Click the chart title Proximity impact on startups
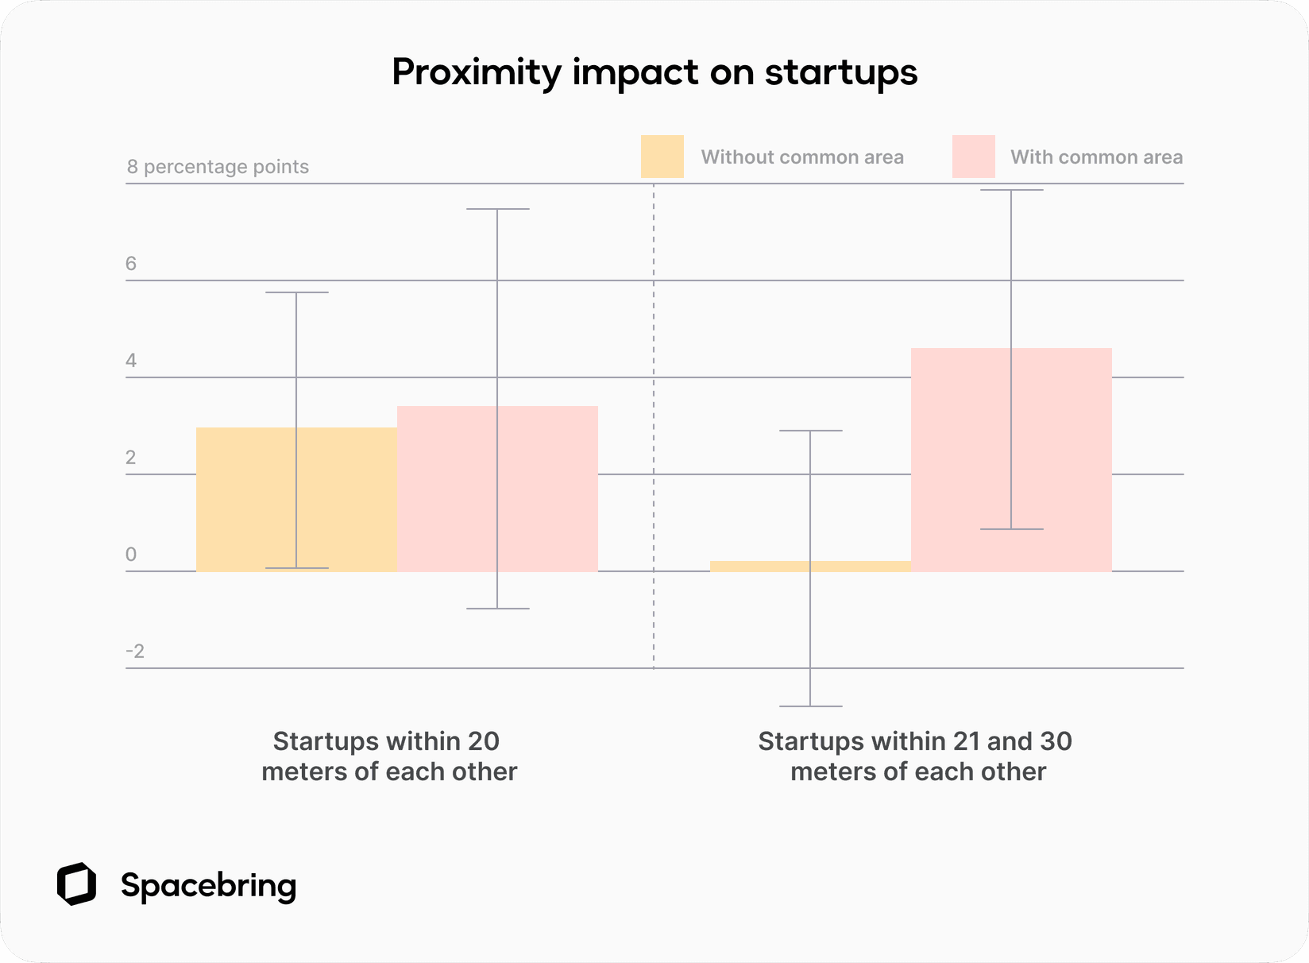point(654,72)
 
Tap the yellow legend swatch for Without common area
point(662,157)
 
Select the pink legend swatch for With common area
point(973,157)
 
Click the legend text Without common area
point(802,157)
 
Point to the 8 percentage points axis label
point(218,167)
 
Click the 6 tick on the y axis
point(131,264)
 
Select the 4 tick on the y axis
point(131,361)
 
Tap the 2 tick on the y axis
point(131,458)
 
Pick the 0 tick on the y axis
point(131,555)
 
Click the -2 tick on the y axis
point(135,652)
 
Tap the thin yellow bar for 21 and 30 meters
point(763,566)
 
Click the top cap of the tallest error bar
point(1011,190)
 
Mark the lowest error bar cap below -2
point(810,706)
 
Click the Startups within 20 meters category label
point(388,756)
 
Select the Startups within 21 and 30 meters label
point(916,756)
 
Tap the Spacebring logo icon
point(76,884)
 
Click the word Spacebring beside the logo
point(208,885)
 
